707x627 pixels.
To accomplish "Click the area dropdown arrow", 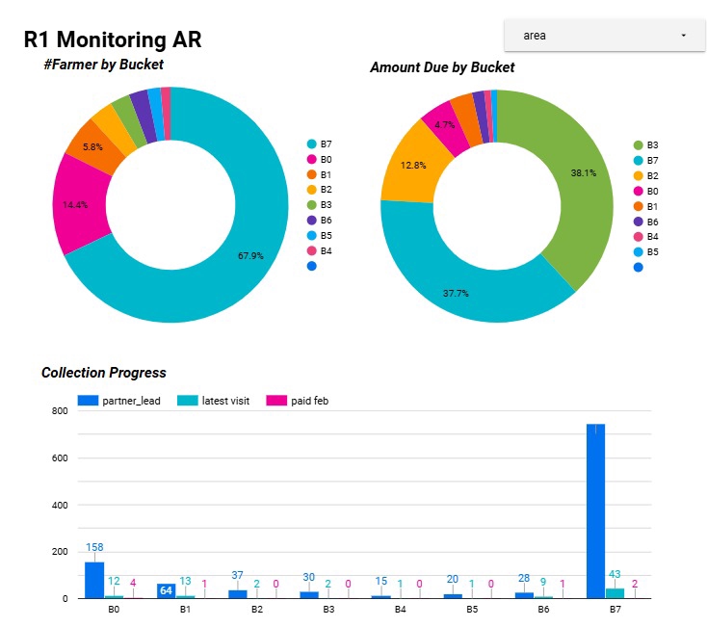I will pos(683,36).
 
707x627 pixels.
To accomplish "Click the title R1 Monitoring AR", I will pos(113,40).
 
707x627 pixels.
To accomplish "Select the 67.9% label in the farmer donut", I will pos(250,256).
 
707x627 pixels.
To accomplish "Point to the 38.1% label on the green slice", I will pos(583,173).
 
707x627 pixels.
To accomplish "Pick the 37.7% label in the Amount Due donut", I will pos(456,293).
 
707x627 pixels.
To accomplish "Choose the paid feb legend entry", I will pos(307,401).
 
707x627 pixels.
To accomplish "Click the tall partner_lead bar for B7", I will pos(595,510).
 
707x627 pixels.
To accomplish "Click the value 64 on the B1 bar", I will pos(166,590).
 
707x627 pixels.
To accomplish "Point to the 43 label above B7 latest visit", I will pos(615,575).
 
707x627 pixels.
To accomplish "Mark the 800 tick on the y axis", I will pos(58,411).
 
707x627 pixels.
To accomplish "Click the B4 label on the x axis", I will pos(400,610).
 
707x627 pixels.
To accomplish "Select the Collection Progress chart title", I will pos(103,373).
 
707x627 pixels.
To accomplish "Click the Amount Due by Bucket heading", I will pos(442,67).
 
